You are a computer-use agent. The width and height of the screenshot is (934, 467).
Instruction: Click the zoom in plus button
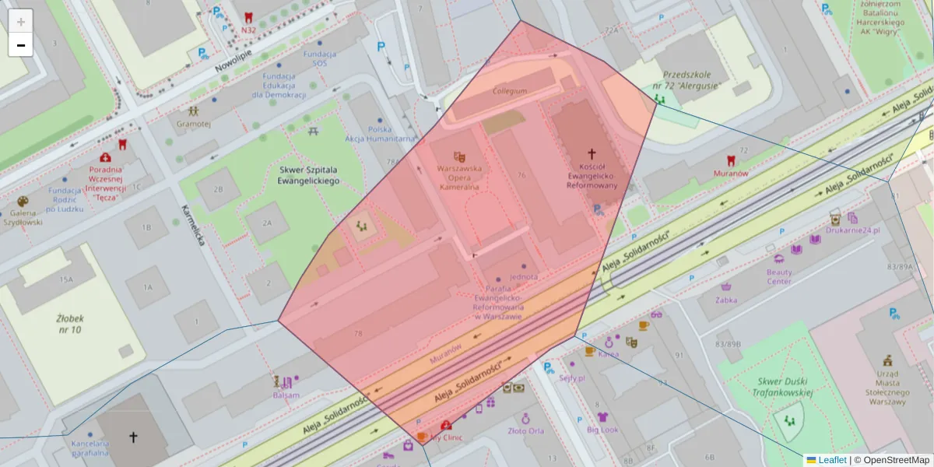tap(21, 21)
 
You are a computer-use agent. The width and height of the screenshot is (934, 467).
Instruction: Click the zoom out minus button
tap(21, 45)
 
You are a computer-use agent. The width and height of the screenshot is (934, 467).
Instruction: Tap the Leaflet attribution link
tap(832, 460)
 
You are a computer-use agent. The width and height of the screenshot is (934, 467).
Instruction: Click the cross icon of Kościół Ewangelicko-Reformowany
tap(592, 154)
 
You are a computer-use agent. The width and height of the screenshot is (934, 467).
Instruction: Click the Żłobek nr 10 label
tap(69, 324)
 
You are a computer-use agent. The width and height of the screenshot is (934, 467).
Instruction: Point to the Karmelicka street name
tap(191, 226)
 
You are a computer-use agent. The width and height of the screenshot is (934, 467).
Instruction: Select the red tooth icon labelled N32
tap(248, 17)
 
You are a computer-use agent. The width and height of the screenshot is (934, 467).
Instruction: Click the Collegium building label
tap(510, 91)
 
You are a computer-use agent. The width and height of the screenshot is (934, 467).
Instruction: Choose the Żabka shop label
tap(726, 299)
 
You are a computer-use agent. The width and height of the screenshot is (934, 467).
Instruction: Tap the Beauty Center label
tap(779, 276)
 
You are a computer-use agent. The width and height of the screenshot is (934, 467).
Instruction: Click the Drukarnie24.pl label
tap(853, 230)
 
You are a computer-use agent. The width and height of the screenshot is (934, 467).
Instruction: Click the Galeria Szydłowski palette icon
tap(23, 202)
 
